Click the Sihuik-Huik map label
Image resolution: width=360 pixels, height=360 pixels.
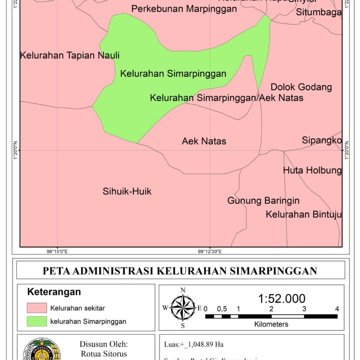click(x=127, y=191)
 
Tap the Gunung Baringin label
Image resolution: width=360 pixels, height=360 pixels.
click(x=263, y=201)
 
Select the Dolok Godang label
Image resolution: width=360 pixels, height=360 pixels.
click(x=301, y=87)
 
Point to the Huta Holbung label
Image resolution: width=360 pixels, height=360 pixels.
click(x=312, y=170)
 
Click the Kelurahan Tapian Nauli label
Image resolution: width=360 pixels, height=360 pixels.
click(x=70, y=55)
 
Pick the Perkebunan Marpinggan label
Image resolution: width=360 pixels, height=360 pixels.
click(x=184, y=9)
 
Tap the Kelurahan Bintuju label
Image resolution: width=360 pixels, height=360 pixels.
click(x=304, y=214)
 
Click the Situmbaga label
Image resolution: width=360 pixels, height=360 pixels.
click(x=319, y=13)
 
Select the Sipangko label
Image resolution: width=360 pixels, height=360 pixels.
click(x=322, y=140)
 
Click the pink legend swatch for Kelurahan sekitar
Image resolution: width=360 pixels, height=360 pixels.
click(x=37, y=308)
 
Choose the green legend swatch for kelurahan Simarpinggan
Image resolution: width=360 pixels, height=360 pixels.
click(x=37, y=321)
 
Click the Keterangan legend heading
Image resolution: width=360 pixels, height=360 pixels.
click(x=54, y=292)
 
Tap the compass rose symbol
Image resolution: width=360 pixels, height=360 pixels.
click(x=183, y=308)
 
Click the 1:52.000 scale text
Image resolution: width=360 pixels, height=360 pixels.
click(x=282, y=299)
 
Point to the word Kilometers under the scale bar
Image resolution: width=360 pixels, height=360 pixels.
click(x=271, y=324)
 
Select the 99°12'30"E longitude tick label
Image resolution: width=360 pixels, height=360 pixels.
click(x=210, y=252)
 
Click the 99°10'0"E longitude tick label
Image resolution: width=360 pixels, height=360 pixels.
click(x=57, y=252)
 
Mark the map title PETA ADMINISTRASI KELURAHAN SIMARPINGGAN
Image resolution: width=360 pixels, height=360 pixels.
click(x=180, y=271)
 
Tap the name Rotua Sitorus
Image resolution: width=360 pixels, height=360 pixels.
click(x=104, y=354)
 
